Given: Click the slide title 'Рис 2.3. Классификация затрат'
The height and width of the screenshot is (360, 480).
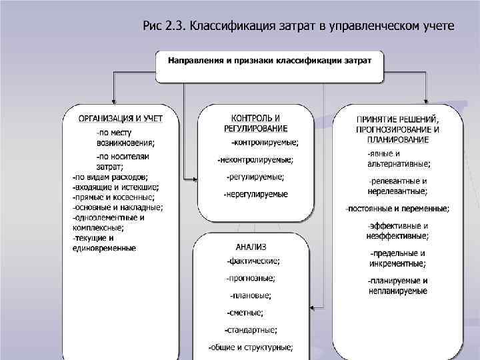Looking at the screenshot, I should click(298, 26).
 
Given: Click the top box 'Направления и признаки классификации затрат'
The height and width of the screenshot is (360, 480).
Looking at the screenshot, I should click(269, 61).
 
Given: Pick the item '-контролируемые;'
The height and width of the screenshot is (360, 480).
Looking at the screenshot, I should click(265, 142).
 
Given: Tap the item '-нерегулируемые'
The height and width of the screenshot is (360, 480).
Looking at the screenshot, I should click(256, 194).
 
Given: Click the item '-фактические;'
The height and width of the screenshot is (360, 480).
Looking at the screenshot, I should click(253, 261).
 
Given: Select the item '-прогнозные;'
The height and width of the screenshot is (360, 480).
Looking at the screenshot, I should click(251, 278).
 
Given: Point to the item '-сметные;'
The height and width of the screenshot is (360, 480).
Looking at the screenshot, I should click(245, 313).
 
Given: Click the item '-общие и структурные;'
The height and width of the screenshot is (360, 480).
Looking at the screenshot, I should click(251, 347).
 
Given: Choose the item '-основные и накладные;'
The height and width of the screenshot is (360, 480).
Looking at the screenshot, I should click(117, 207).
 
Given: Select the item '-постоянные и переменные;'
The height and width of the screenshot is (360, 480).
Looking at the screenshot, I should click(397, 209).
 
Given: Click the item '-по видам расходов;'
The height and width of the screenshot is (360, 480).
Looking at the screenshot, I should click(109, 177).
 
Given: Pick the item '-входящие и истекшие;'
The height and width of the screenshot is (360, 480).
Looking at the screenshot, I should click(115, 187).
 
